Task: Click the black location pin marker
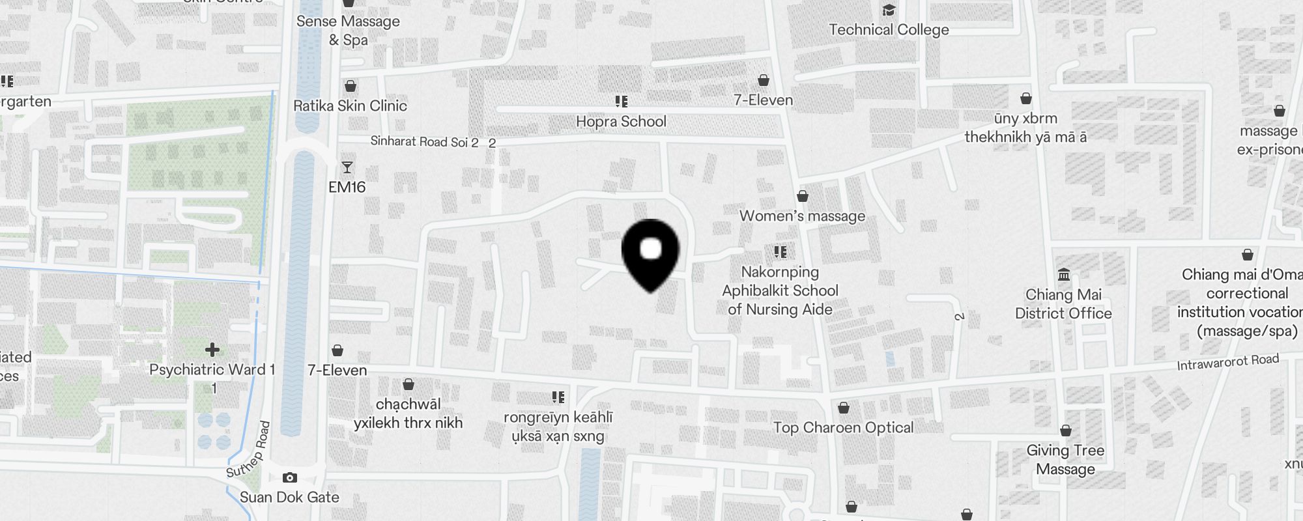650,254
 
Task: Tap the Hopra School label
621,122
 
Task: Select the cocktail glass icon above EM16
347,167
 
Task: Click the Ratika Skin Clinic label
350,106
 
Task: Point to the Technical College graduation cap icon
889,10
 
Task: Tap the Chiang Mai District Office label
1063,304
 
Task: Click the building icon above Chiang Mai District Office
1064,274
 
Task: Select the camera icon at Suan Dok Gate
290,478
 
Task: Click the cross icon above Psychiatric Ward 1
212,350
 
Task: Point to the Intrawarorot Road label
1227,362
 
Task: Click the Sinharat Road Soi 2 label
424,141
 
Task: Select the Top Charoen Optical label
843,428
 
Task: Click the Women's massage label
802,216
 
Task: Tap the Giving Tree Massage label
1065,460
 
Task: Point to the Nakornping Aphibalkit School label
780,290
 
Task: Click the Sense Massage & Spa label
348,31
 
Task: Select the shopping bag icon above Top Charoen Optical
844,408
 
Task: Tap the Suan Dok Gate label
289,498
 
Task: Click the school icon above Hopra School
621,102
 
